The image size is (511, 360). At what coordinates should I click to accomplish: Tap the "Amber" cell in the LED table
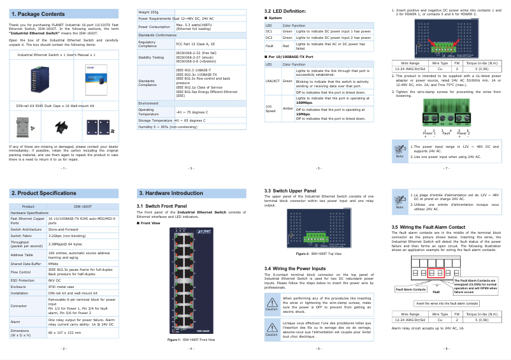(x=287, y=108)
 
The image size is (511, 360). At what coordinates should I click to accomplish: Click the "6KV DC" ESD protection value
(x=55, y=280)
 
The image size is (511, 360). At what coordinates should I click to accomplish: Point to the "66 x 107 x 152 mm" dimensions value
(x=66, y=332)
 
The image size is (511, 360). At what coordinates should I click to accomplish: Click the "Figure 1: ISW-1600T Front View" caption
(x=191, y=340)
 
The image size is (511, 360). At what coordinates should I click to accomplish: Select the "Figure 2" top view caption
(x=319, y=254)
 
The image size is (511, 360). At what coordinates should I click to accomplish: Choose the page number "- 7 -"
(x=446, y=168)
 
